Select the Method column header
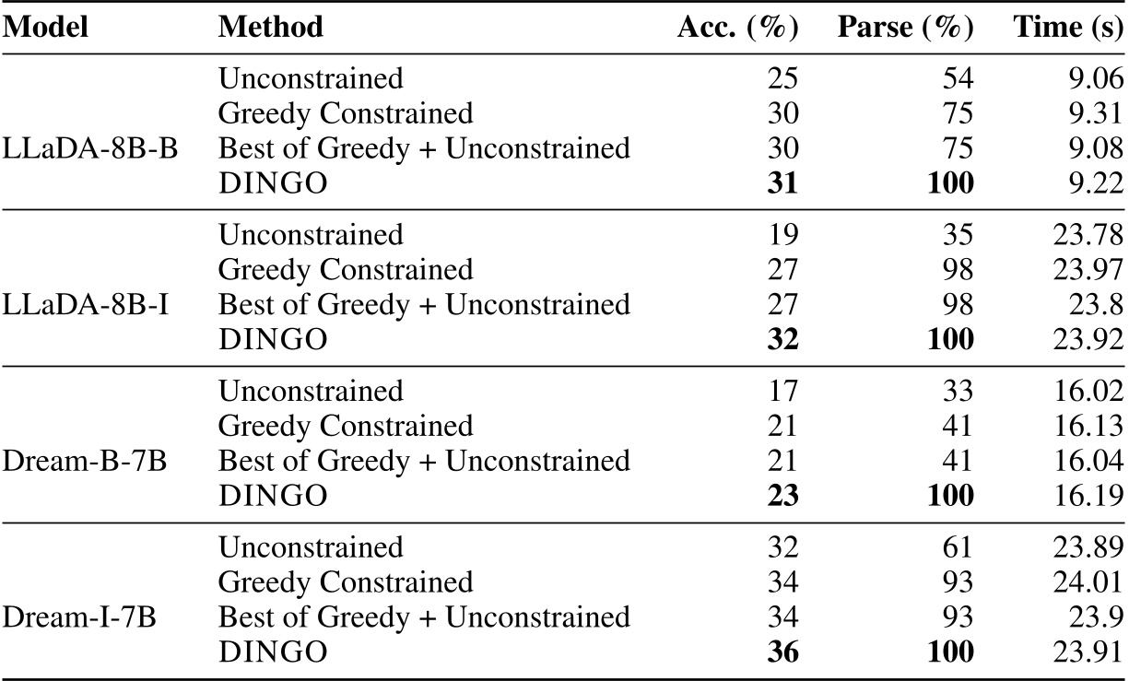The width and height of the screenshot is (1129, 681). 271,27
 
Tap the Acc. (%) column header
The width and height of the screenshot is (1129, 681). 737,27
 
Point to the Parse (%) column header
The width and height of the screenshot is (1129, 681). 905,27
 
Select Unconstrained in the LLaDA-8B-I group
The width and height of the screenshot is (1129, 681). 311,235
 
